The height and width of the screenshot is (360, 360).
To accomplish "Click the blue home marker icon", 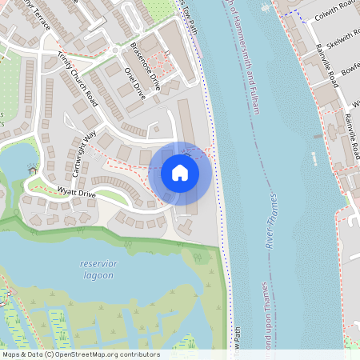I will pos(180,173).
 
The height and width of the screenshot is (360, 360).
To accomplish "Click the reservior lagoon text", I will pos(98,270).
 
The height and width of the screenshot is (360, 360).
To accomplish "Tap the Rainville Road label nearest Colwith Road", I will pos(326,64).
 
